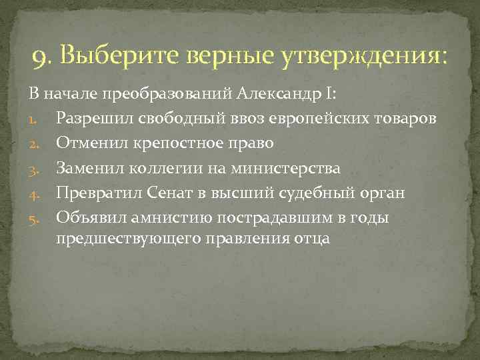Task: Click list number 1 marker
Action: click(42, 119)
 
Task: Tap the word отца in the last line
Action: click(311, 238)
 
